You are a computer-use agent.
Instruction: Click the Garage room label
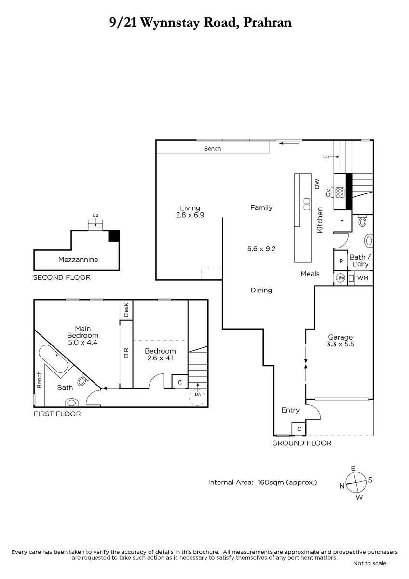click(340, 337)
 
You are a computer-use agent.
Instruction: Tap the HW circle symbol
click(341, 278)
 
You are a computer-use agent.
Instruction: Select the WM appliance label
click(363, 278)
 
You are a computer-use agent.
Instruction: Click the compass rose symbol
click(356, 482)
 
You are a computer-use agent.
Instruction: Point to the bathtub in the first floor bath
click(54, 359)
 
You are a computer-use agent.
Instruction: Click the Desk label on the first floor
click(126, 310)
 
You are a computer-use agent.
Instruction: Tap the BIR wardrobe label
click(126, 353)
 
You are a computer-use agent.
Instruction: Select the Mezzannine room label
click(78, 259)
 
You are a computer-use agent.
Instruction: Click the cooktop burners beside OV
click(340, 193)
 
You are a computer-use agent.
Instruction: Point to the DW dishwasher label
click(317, 184)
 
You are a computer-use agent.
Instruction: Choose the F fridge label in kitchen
click(342, 222)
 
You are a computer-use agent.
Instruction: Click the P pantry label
click(341, 261)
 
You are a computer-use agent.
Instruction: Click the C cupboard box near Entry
click(299, 429)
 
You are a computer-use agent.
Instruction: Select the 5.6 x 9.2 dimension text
click(261, 248)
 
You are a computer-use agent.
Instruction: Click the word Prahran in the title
click(268, 23)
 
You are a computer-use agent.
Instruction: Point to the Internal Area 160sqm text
click(262, 482)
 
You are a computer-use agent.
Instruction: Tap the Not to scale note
click(370, 563)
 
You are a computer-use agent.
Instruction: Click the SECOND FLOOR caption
click(62, 277)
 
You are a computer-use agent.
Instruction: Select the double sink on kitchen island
click(307, 204)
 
